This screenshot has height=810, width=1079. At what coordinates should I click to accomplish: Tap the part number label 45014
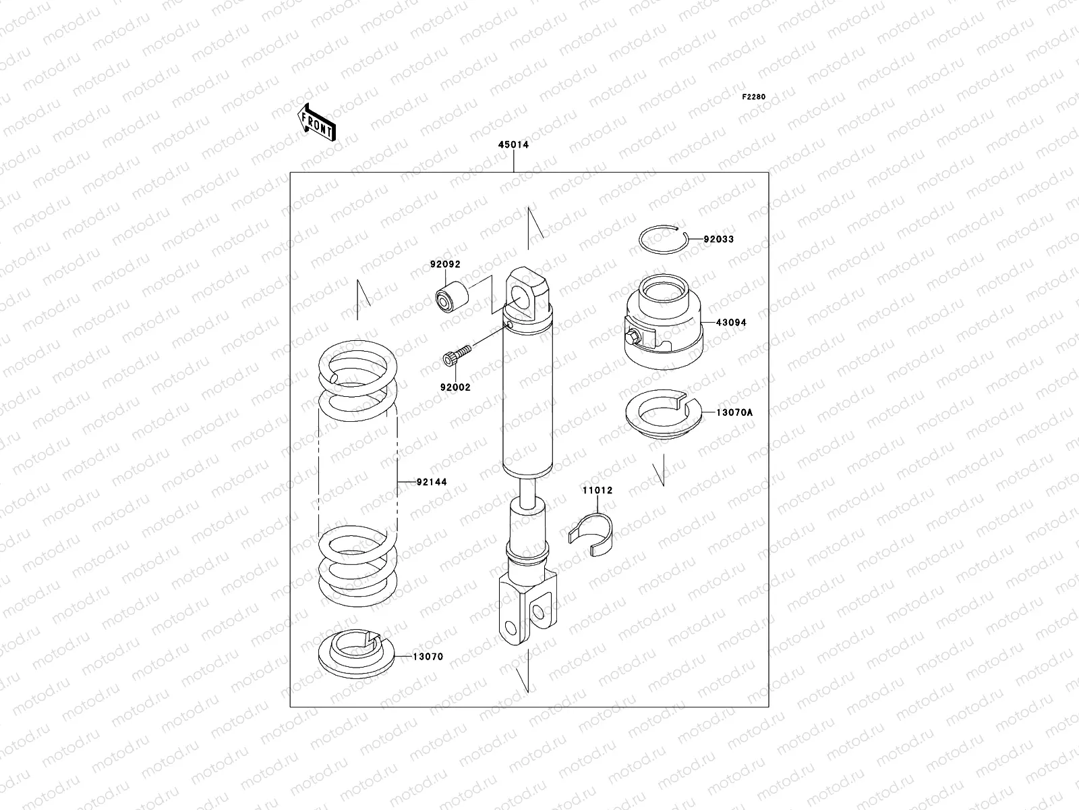coord(513,145)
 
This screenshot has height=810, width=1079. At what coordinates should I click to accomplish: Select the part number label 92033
coord(718,239)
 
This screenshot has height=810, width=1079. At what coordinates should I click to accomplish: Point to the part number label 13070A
coord(734,411)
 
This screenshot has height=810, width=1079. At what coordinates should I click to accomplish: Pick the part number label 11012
coord(597,491)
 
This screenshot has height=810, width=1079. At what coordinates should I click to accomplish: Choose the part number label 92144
coord(431,482)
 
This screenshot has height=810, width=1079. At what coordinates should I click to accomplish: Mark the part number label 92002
coord(456,387)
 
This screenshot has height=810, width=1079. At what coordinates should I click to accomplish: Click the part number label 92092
coord(445,265)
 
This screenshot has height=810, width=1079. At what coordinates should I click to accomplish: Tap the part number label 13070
coord(428,657)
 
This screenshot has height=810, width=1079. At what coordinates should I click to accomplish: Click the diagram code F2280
coord(754,97)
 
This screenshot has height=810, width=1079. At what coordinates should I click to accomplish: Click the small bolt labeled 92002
coord(457,356)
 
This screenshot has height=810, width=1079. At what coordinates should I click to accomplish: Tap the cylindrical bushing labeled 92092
coord(448,298)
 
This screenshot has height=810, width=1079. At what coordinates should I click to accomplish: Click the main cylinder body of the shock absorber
coord(527,398)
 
